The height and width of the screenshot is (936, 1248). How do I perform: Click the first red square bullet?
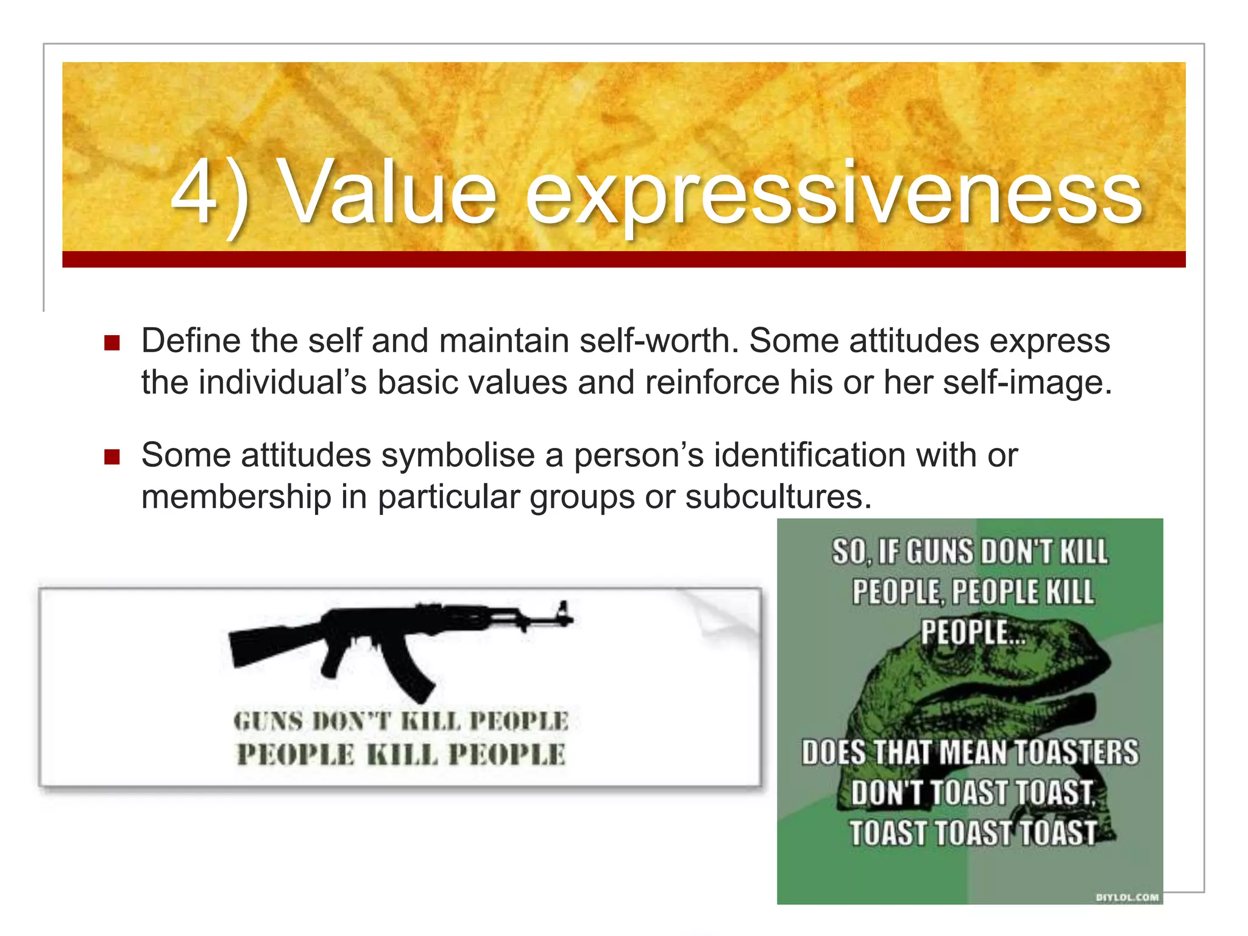pos(112,342)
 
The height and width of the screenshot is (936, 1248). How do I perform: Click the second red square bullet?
pos(112,456)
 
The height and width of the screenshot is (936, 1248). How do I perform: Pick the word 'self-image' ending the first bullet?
pos(1026,383)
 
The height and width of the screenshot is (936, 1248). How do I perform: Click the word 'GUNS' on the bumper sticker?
pos(268,721)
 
